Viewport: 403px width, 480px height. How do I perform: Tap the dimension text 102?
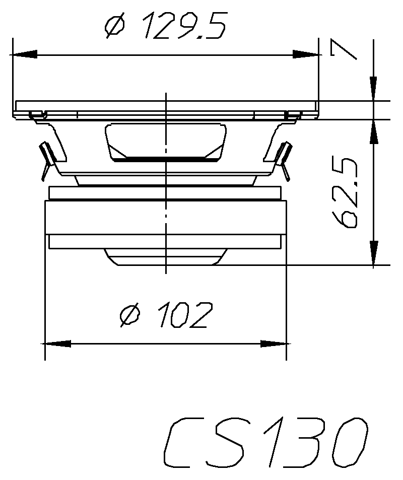tap(182, 315)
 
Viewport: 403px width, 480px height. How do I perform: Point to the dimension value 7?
tap(343, 50)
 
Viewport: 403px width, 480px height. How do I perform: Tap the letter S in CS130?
tap(232, 443)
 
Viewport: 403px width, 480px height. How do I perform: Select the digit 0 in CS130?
tap(348, 443)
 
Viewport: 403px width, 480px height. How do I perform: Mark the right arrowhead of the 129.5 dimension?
tap(306, 54)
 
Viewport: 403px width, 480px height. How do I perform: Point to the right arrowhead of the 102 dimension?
tap(274, 344)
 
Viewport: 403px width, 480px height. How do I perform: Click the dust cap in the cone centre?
tap(165, 142)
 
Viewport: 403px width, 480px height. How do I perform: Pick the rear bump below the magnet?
tap(165, 256)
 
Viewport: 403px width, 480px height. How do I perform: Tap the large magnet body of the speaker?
tap(165, 217)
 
